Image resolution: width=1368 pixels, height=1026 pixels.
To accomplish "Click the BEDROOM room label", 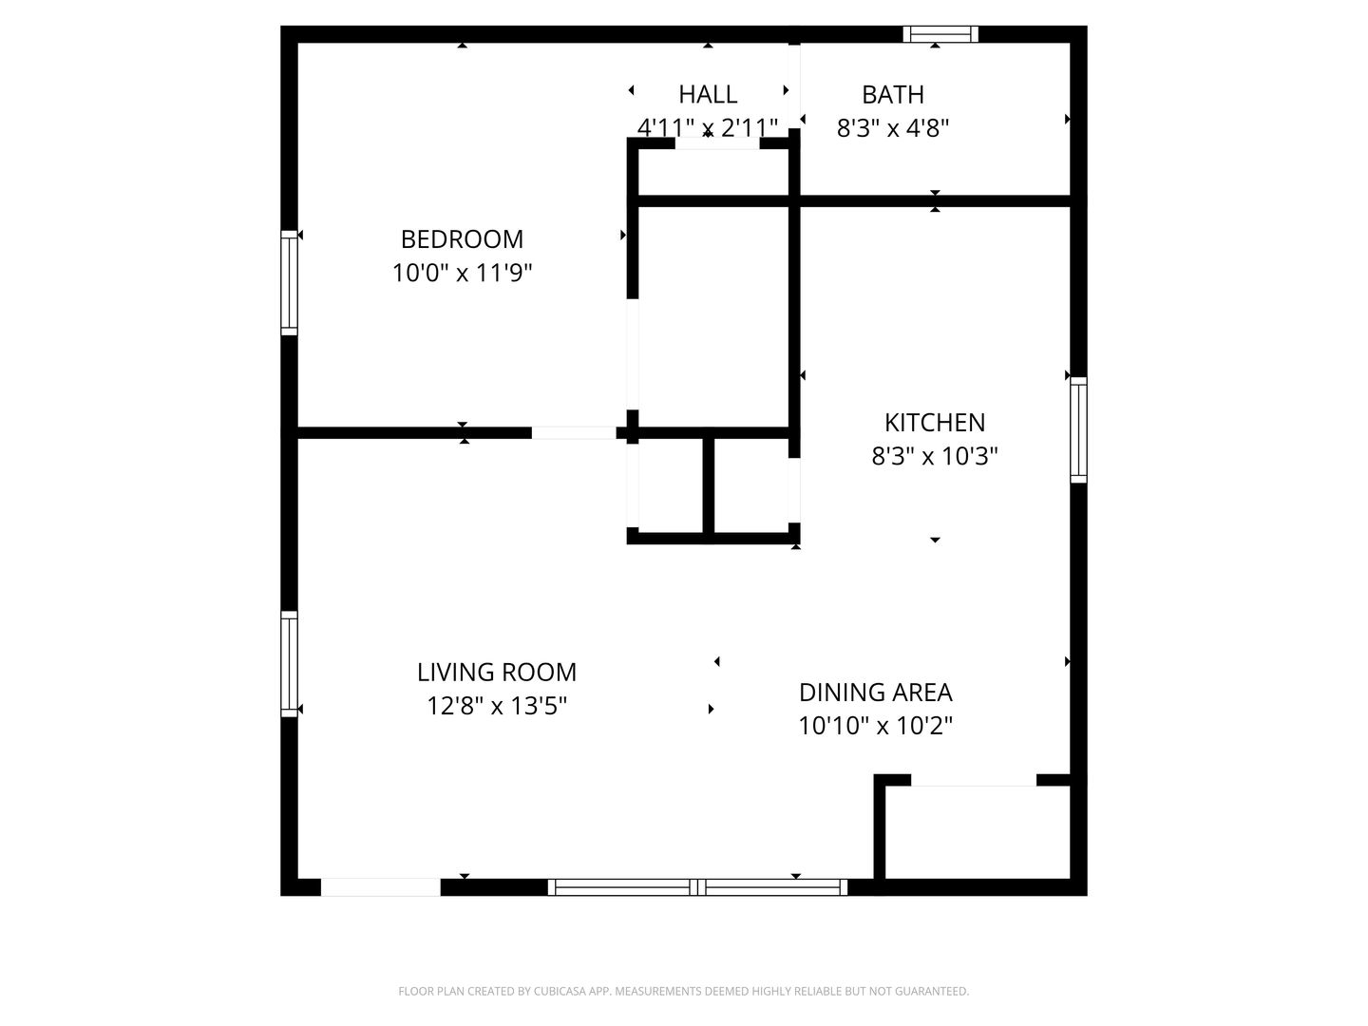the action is pos(462,239).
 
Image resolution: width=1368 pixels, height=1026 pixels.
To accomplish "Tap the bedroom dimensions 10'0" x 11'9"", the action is pos(462,273).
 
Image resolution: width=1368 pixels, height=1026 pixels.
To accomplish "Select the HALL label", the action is pos(708,95).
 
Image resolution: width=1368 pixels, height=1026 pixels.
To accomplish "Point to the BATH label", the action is pos(892,95).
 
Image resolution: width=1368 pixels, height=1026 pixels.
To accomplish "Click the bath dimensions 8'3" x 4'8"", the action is pos(892,128).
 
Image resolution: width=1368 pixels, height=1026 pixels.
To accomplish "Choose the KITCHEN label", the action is pos(935,423).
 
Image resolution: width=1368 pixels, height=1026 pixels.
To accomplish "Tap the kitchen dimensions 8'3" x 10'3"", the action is pos(935,457).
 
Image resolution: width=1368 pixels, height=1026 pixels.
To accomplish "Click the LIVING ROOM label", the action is pos(497,673).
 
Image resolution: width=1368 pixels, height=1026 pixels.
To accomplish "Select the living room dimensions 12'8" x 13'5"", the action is pos(497,707).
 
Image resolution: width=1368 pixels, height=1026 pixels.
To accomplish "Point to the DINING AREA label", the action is pos(876,693).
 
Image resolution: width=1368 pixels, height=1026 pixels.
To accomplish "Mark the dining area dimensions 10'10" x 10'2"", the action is pos(876,726).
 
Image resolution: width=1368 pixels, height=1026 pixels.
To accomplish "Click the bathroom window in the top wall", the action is pos(940,34).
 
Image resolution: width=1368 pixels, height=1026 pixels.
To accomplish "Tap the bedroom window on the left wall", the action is pos(289,283).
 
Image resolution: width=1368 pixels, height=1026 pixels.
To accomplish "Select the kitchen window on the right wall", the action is pos(1079,429).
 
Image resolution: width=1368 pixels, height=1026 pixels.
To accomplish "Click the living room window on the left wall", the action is pos(289,664).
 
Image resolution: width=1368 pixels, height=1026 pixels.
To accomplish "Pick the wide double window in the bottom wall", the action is pos(697,887).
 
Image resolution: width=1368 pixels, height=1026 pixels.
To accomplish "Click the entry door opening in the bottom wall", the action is pos(381,887).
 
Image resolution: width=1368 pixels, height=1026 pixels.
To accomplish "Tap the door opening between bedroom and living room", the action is pos(574,433).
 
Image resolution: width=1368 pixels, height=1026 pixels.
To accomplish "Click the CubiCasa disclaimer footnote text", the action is pos(684,991).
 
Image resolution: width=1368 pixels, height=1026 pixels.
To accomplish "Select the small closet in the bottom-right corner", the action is pos(978,832).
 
